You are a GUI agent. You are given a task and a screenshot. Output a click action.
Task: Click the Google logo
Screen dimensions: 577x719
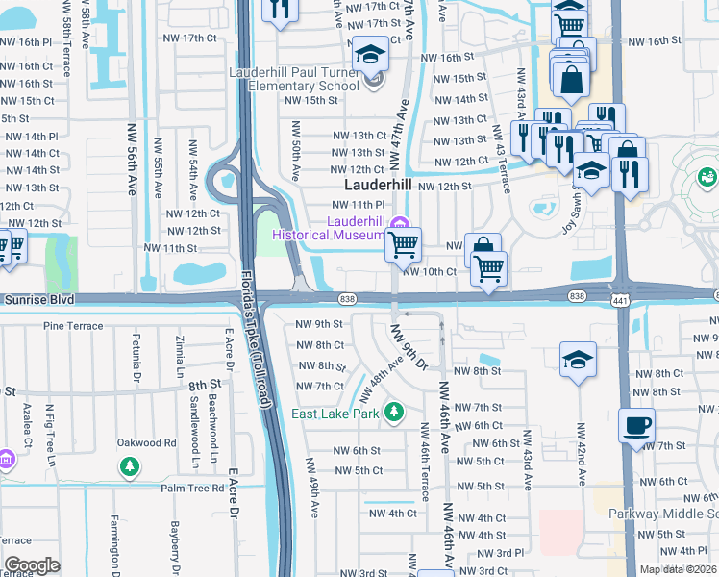click(32, 565)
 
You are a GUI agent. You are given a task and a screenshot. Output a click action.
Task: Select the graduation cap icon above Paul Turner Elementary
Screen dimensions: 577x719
click(369, 54)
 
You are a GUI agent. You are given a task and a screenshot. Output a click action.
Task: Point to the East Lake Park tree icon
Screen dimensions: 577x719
click(392, 414)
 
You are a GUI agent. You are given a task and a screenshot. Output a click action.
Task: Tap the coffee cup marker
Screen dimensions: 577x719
click(635, 424)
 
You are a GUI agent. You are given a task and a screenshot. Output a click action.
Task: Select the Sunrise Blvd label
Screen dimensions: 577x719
click(37, 299)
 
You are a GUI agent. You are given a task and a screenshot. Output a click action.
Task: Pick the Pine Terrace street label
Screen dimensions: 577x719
click(72, 326)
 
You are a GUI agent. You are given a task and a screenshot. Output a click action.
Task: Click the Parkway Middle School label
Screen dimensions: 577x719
click(663, 513)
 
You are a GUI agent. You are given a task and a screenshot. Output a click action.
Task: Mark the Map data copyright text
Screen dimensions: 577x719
click(678, 569)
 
